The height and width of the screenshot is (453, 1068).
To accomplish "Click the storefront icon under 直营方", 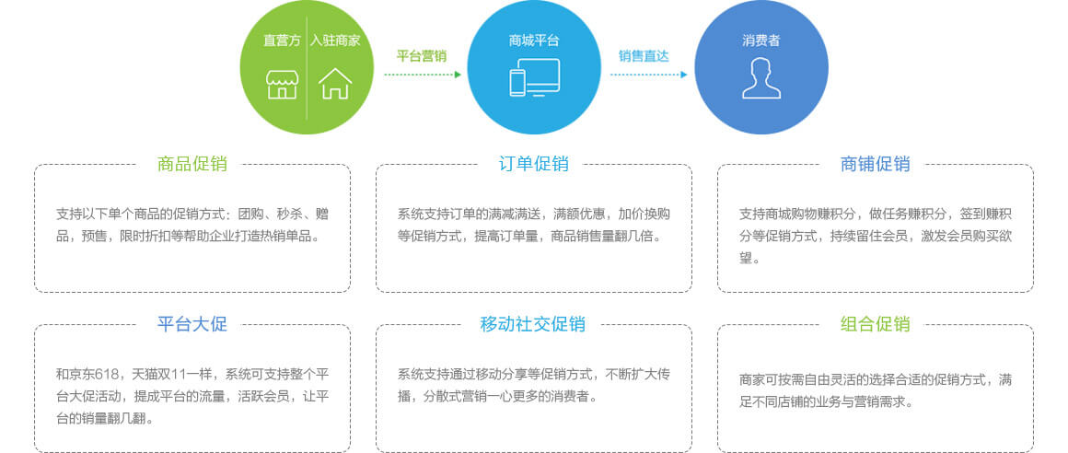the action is pyautogui.click(x=282, y=83).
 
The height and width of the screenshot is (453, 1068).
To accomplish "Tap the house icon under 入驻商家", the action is pyautogui.click(x=335, y=83).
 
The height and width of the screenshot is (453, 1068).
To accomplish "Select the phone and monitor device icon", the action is pyautogui.click(x=534, y=77).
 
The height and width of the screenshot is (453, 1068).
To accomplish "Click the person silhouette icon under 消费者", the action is pyautogui.click(x=760, y=78).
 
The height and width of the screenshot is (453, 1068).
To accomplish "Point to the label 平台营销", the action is pyautogui.click(x=422, y=56).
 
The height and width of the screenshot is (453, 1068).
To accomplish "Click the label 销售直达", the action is pyautogui.click(x=644, y=56).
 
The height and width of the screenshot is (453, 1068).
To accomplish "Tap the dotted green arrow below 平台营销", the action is pyautogui.click(x=423, y=75).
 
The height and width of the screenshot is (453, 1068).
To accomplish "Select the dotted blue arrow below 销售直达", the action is pyautogui.click(x=648, y=75).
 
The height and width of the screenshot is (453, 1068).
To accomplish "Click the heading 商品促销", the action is pyautogui.click(x=192, y=164).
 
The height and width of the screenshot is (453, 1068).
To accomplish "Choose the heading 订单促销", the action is pyautogui.click(x=534, y=164).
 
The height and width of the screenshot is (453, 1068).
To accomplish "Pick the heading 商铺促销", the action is pyautogui.click(x=876, y=164).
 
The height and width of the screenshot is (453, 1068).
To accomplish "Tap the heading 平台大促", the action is pyautogui.click(x=192, y=323).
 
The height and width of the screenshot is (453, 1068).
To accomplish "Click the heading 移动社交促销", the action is pyautogui.click(x=533, y=323).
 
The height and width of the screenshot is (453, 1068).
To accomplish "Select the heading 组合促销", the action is pyautogui.click(x=876, y=323).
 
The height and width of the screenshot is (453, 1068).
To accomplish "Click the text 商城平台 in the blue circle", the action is pyautogui.click(x=534, y=41).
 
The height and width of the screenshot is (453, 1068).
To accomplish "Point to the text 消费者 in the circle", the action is pyautogui.click(x=760, y=41).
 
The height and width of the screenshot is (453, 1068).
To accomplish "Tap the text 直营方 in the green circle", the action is pyautogui.click(x=282, y=41).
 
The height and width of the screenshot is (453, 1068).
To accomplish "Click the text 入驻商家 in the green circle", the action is pyautogui.click(x=335, y=41).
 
